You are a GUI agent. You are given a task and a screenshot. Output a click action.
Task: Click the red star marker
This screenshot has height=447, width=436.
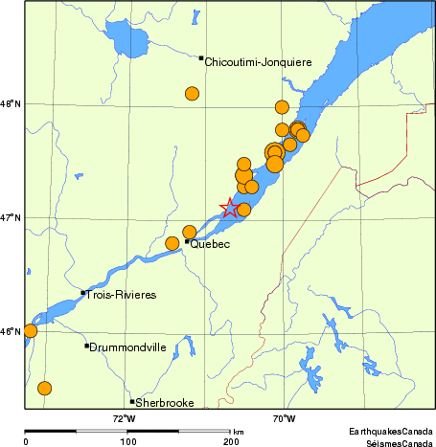coord(230,208)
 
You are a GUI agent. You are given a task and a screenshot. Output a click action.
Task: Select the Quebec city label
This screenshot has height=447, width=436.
coord(210,245)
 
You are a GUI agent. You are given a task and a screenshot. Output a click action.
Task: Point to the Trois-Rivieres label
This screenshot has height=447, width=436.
coord(121,295)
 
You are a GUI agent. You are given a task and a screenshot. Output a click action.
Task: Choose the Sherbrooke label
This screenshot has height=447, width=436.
coord(163,402)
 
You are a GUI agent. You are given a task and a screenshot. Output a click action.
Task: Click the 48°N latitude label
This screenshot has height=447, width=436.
coord(11,103)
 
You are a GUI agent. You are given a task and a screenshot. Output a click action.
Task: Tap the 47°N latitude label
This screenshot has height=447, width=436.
coord(11,217)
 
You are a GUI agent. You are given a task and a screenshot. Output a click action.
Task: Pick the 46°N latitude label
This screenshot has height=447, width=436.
coord(11,332)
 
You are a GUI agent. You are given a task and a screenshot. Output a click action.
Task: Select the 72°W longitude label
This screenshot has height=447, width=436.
coord(124,418)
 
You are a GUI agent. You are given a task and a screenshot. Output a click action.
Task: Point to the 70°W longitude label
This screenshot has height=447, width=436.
coord(283,418)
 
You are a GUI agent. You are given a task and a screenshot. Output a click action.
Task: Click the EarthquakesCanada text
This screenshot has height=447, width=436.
coord(390,433)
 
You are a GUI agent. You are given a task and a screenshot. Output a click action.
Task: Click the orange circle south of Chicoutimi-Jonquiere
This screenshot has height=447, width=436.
coord(192,94)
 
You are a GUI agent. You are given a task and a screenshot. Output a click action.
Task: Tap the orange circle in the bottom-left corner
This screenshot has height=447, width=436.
coord(44,388)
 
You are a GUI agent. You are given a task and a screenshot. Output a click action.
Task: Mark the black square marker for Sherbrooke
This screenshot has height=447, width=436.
coord(132,401)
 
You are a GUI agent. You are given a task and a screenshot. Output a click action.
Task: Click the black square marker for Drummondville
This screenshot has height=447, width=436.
coord(86,346)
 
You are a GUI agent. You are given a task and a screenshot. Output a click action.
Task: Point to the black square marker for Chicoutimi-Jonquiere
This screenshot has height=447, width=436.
coord(201,58)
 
